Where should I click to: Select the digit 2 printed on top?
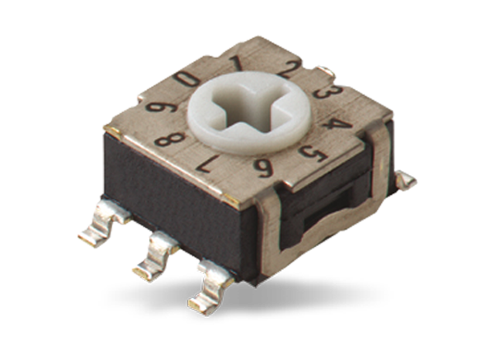(x=286, y=70)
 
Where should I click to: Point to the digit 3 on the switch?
(x=323, y=92)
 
